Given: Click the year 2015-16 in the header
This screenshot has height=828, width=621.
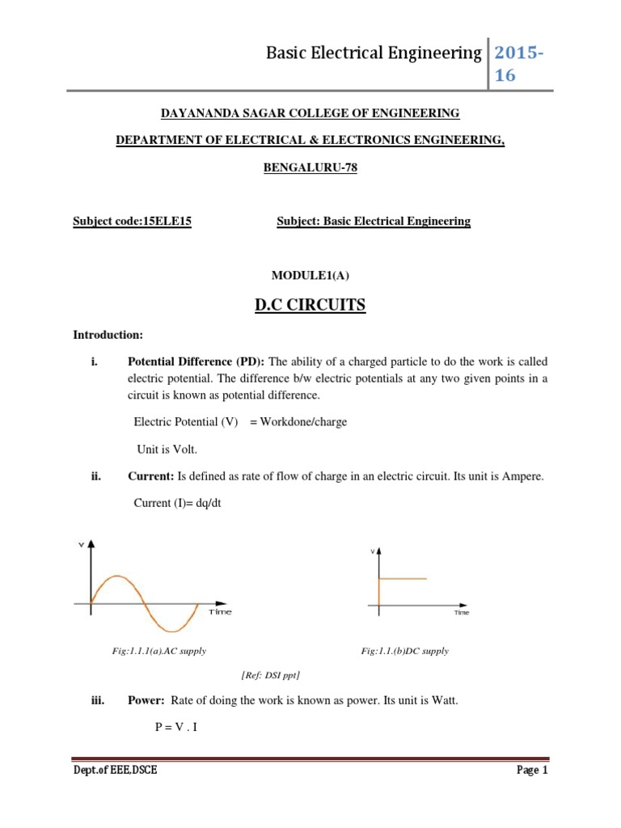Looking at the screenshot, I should click(x=518, y=64).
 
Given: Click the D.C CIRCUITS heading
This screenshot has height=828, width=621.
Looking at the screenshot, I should click(x=310, y=305).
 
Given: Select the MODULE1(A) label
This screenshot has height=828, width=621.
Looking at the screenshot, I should click(x=310, y=275).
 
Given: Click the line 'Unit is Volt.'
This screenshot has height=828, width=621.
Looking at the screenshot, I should click(x=165, y=449).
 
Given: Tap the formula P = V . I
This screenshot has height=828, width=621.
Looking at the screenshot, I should click(x=176, y=727).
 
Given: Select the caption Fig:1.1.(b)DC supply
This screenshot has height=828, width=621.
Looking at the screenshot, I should click(x=404, y=651).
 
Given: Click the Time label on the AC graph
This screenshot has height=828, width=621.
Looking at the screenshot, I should click(x=220, y=612).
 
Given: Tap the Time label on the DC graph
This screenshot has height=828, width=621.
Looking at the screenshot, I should click(x=462, y=613).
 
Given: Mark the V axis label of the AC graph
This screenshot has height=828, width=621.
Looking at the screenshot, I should click(x=81, y=546).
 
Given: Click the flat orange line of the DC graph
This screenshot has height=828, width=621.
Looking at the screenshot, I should click(x=402, y=578).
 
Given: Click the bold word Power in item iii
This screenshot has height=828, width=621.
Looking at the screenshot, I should click(x=146, y=701).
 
